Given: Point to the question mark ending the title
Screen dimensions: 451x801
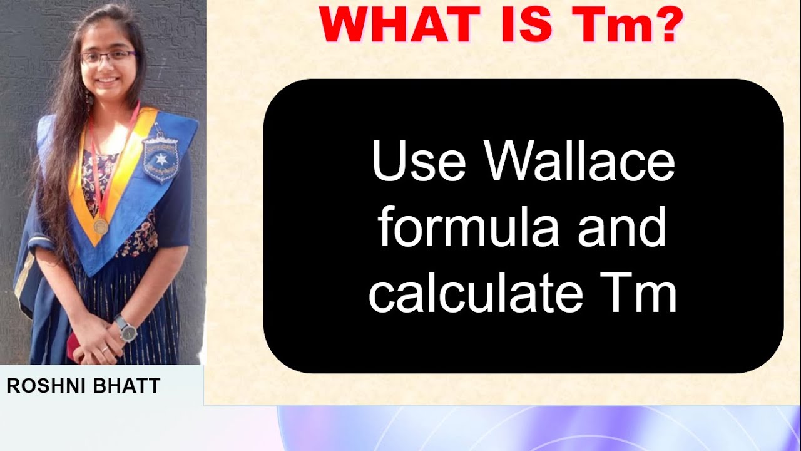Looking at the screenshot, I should click(666, 25).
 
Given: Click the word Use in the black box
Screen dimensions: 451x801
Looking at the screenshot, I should click(419, 161).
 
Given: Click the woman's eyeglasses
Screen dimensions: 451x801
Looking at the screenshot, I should click(108, 57).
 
